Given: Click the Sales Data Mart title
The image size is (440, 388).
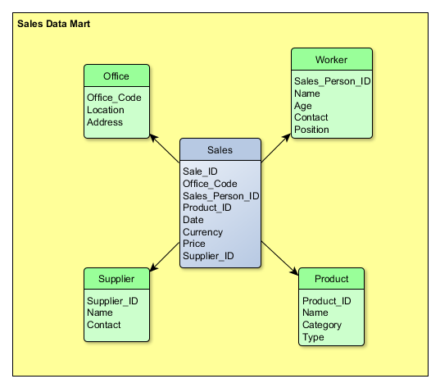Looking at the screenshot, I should coord(53,25).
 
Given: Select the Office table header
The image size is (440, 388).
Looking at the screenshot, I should coord(116,76).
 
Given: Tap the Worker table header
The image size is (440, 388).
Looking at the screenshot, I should coord(331,60).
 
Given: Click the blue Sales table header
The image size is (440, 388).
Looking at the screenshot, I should coord(220,150).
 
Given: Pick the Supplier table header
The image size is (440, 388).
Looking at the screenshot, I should coord(116,279).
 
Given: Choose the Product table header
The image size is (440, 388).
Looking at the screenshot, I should coord(331,279).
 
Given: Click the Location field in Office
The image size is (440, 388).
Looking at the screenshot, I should coord(106,110).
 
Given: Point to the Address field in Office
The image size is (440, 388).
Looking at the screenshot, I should coord(105,122).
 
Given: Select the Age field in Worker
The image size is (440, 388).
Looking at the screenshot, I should coord(303,106).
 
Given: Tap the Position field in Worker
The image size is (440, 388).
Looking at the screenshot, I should coord(311,130).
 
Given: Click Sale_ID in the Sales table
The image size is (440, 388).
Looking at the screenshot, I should coord(200,171).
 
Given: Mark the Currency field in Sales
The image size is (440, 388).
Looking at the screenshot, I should coord(203,232).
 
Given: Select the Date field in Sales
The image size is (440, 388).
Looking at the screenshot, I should coord(194,220).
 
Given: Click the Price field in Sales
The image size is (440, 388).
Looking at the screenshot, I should coord(195,244).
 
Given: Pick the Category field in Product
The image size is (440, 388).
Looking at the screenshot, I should coord(322,325).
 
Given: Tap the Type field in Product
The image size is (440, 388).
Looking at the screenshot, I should coord(314,337).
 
